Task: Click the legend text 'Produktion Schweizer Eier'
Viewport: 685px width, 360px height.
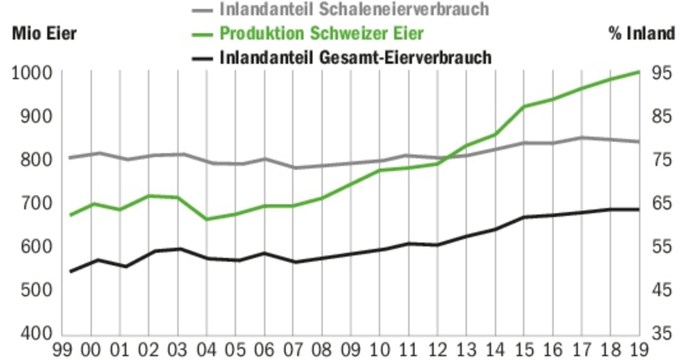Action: click(x=321, y=34)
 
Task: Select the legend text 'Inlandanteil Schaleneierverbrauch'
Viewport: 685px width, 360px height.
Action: click(x=354, y=9)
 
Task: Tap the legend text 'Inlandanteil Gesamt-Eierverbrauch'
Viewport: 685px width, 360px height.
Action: click(x=355, y=58)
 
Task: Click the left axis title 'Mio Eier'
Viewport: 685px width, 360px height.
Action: click(x=44, y=34)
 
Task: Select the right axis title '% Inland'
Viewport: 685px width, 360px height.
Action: click(x=641, y=34)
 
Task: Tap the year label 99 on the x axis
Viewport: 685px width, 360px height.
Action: click(x=62, y=350)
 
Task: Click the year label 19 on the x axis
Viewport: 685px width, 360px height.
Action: click(x=639, y=350)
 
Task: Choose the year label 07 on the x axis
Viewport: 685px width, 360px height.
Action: click(x=293, y=350)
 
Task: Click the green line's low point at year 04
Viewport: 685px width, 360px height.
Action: click(x=206, y=219)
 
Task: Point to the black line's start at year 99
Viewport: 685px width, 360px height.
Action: click(x=70, y=271)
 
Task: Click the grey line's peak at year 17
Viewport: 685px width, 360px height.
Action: click(x=581, y=137)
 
